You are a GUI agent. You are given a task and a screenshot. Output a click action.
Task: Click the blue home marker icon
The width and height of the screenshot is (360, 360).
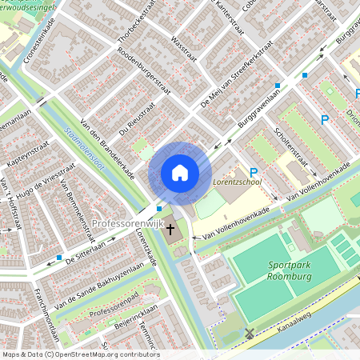click(180, 173)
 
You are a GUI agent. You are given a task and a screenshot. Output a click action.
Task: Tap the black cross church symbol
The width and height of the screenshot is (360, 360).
click(170, 230)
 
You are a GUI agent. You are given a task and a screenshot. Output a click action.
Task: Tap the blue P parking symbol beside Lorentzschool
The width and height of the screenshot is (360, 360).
click(254, 172)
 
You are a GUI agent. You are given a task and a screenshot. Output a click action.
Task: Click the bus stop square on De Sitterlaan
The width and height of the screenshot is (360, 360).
click(60, 258)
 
